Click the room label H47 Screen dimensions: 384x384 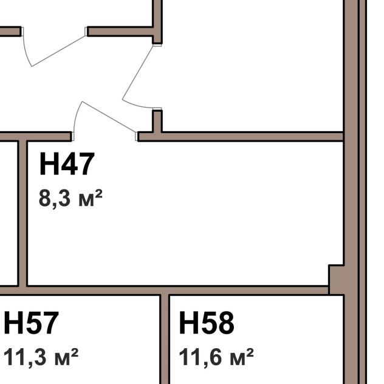click(67, 163)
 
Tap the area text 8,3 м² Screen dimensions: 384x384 click(70, 199)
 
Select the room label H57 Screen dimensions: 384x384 click(31, 323)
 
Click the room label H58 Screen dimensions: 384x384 click(207, 323)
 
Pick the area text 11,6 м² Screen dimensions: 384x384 click(216, 357)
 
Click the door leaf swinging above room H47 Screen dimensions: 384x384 click(109, 117)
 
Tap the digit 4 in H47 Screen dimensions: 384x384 click(69, 163)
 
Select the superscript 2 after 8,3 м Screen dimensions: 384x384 click(98, 194)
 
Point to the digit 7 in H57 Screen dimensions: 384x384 click(50, 323)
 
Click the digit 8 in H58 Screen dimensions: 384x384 click(226, 323)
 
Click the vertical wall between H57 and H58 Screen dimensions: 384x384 click(165, 339)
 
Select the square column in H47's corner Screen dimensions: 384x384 click(336, 279)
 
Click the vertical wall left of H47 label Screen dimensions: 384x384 click(22, 213)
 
